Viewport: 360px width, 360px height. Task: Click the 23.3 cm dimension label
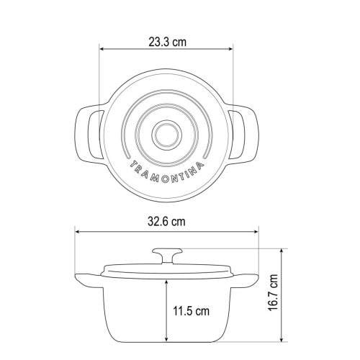coord(167,42)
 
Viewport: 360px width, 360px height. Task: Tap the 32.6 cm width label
coord(166,221)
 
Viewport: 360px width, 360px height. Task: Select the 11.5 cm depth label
coord(192,311)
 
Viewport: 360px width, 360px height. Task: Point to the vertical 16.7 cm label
coord(273,293)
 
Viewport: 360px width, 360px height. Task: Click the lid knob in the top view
coord(166,135)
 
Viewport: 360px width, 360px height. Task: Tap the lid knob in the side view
coord(167,256)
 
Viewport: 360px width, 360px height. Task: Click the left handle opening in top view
coord(96,135)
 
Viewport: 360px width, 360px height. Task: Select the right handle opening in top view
coord(237,135)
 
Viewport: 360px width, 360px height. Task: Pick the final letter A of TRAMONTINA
coord(199,165)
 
